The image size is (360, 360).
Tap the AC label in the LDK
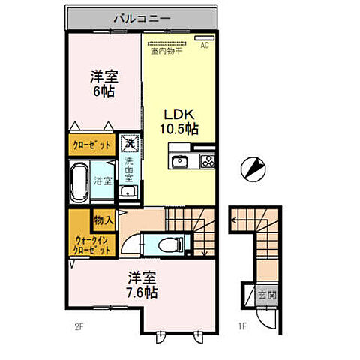pos(203,44)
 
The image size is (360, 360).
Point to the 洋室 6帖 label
pos(103,82)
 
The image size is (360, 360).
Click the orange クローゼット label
pos(92,145)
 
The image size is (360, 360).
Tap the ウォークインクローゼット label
pos(91,245)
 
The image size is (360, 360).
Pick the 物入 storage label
pos(103,220)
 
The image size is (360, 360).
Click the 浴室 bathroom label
pos(103,181)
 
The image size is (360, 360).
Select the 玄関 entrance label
pos(264,295)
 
